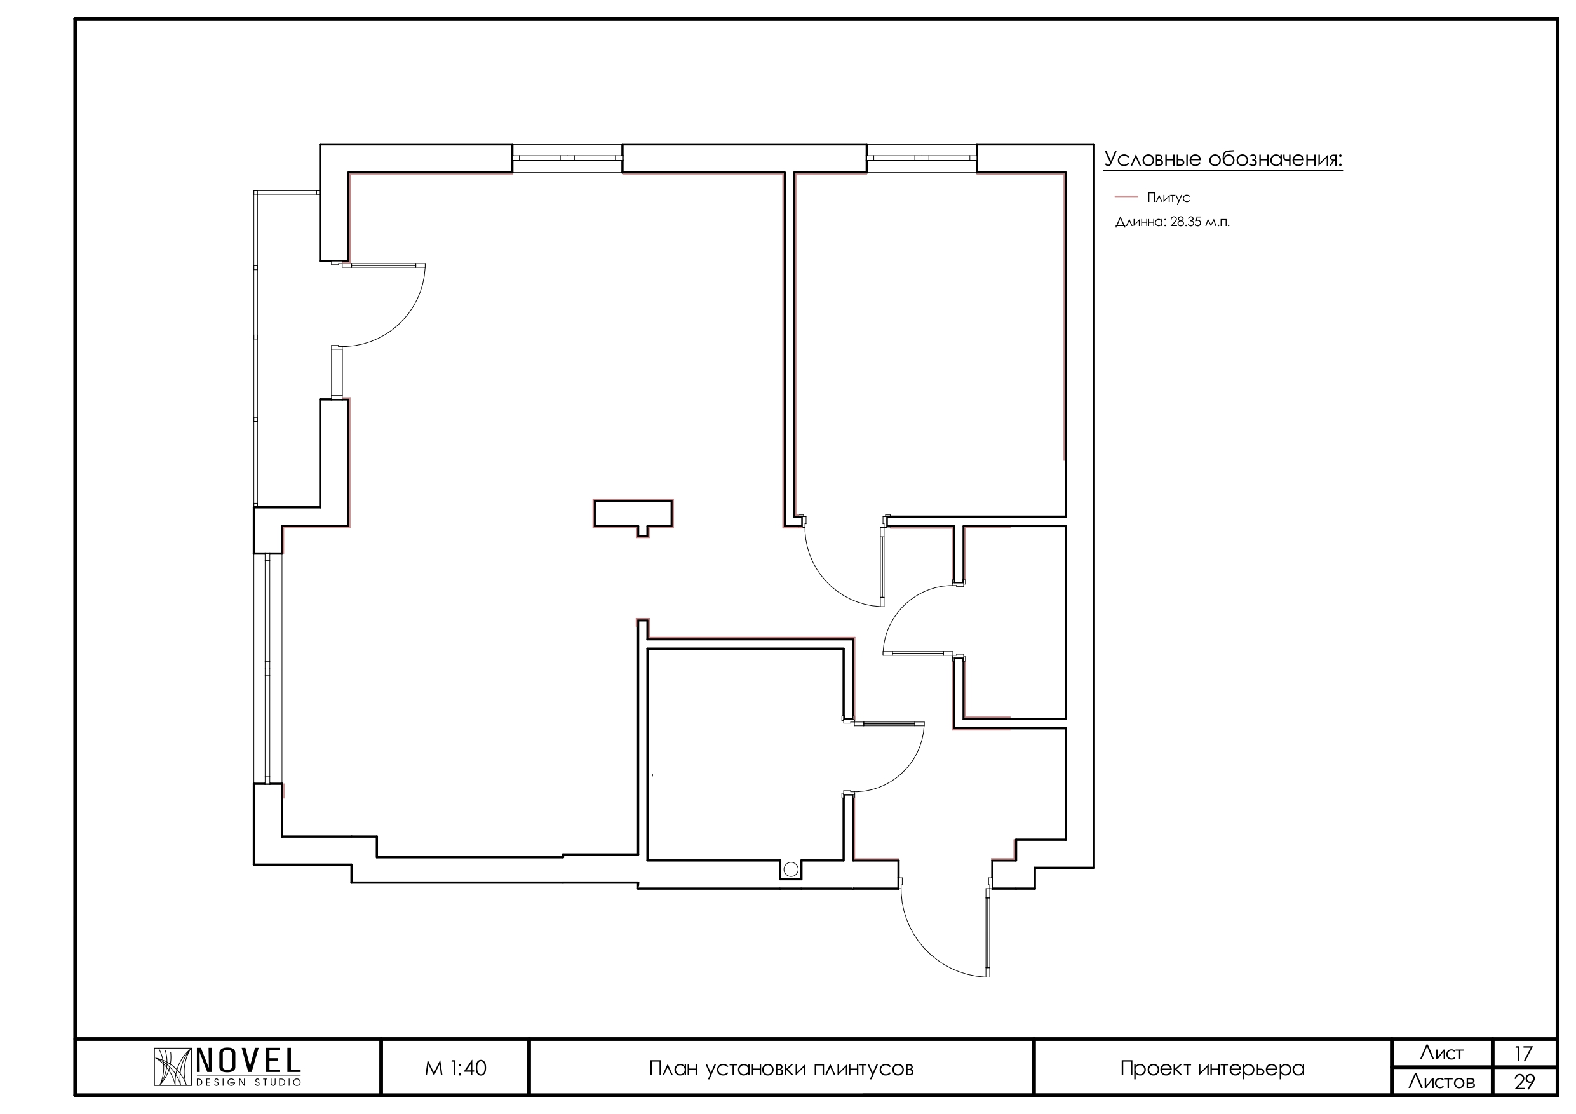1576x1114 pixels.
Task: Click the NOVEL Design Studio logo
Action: click(227, 1068)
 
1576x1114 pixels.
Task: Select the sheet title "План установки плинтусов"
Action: click(781, 1069)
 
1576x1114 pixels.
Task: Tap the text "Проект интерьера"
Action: click(1212, 1069)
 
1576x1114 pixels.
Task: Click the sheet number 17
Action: click(1523, 1054)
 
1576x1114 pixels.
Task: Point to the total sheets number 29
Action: click(1524, 1082)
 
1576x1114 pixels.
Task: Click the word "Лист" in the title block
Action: click(1441, 1054)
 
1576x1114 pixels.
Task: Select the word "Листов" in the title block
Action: click(1441, 1082)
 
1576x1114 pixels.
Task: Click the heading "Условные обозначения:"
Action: click(1223, 159)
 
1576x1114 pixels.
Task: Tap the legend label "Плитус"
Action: click(1168, 198)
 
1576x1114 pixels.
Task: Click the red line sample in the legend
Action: click(1126, 197)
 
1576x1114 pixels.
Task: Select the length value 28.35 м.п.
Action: click(1200, 222)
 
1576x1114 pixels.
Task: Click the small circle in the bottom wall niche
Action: click(790, 869)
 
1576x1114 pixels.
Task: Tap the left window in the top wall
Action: click(567, 158)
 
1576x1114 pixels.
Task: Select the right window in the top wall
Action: click(922, 158)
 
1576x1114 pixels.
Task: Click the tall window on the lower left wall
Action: click(267, 668)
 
